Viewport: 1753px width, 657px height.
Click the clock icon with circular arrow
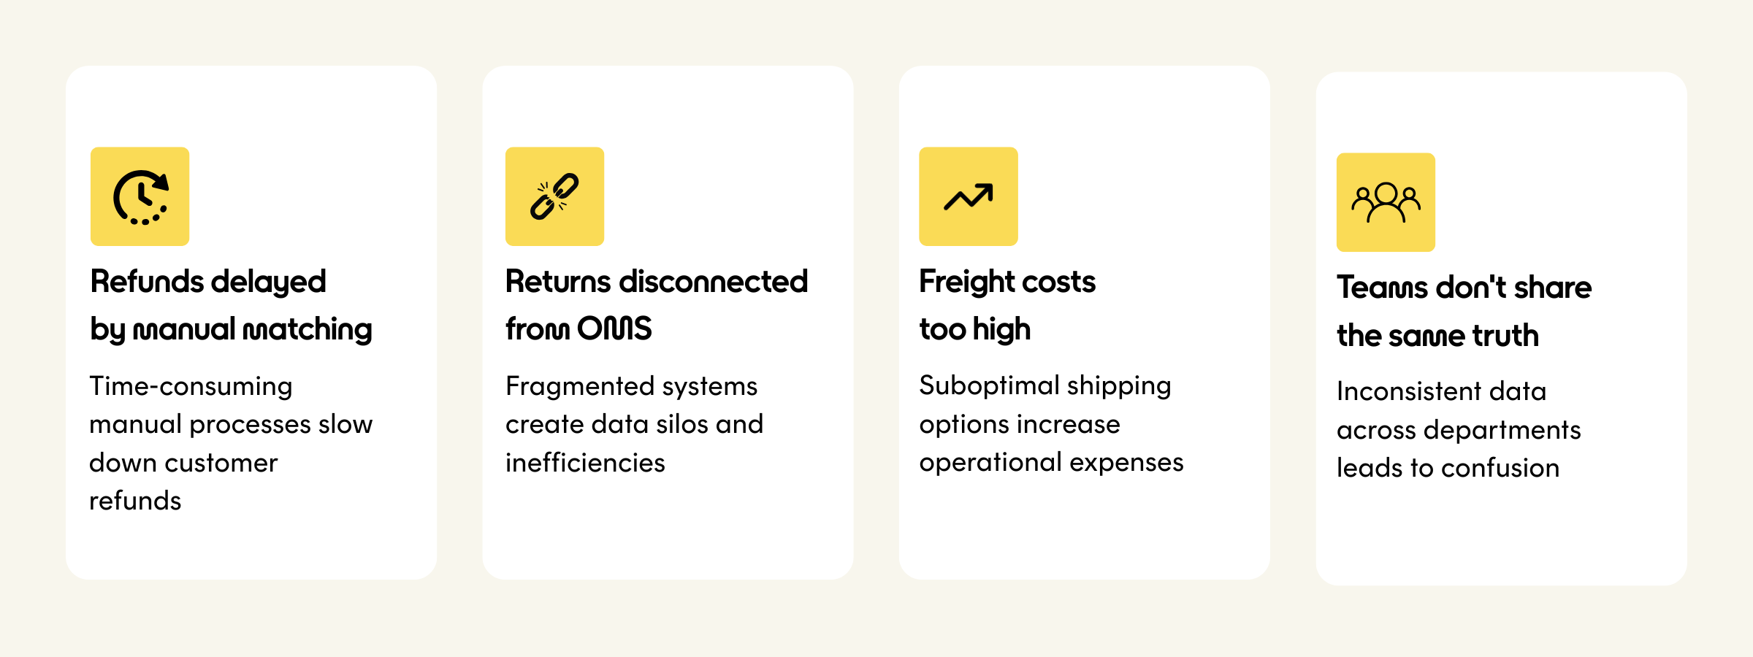pos(140,197)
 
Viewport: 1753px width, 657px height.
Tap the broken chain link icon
pos(554,196)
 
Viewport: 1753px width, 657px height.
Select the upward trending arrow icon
pos(969,196)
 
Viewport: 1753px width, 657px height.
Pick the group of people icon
pos(1386,202)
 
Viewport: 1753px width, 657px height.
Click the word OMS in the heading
pos(614,328)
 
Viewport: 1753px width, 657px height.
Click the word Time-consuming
pos(191,386)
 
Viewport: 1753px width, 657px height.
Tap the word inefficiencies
pos(585,463)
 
